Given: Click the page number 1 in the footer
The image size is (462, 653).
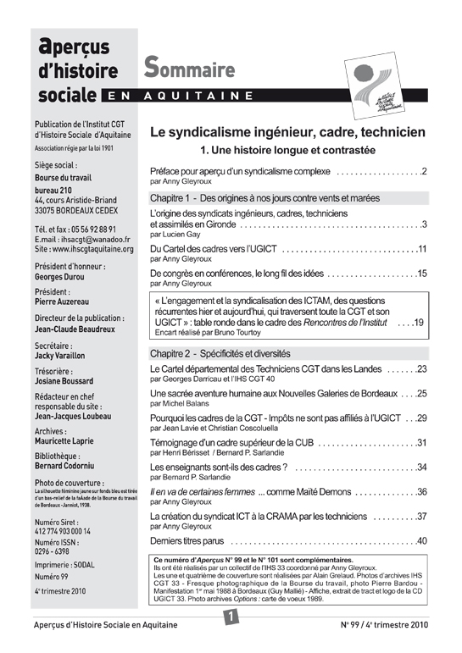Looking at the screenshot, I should tap(230, 618).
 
